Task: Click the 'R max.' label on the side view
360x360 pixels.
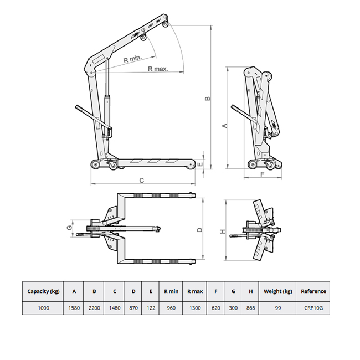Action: click(158, 69)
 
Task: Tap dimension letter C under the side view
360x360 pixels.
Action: click(142, 180)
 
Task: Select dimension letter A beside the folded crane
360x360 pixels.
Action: click(224, 126)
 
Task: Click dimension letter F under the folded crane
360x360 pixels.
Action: click(262, 174)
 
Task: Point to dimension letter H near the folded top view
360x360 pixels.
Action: click(223, 232)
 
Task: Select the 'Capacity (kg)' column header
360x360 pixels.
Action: click(43, 291)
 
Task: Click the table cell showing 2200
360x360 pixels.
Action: click(95, 308)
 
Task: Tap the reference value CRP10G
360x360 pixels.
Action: click(313, 308)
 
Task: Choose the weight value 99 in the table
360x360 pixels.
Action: click(277, 308)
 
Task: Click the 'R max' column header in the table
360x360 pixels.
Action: click(194, 291)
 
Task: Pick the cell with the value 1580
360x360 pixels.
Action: click(74, 308)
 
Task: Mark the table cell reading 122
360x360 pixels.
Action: click(151, 308)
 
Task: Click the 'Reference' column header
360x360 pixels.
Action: click(313, 291)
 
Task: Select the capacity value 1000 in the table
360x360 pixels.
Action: click(43, 308)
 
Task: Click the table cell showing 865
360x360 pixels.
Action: click(250, 308)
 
